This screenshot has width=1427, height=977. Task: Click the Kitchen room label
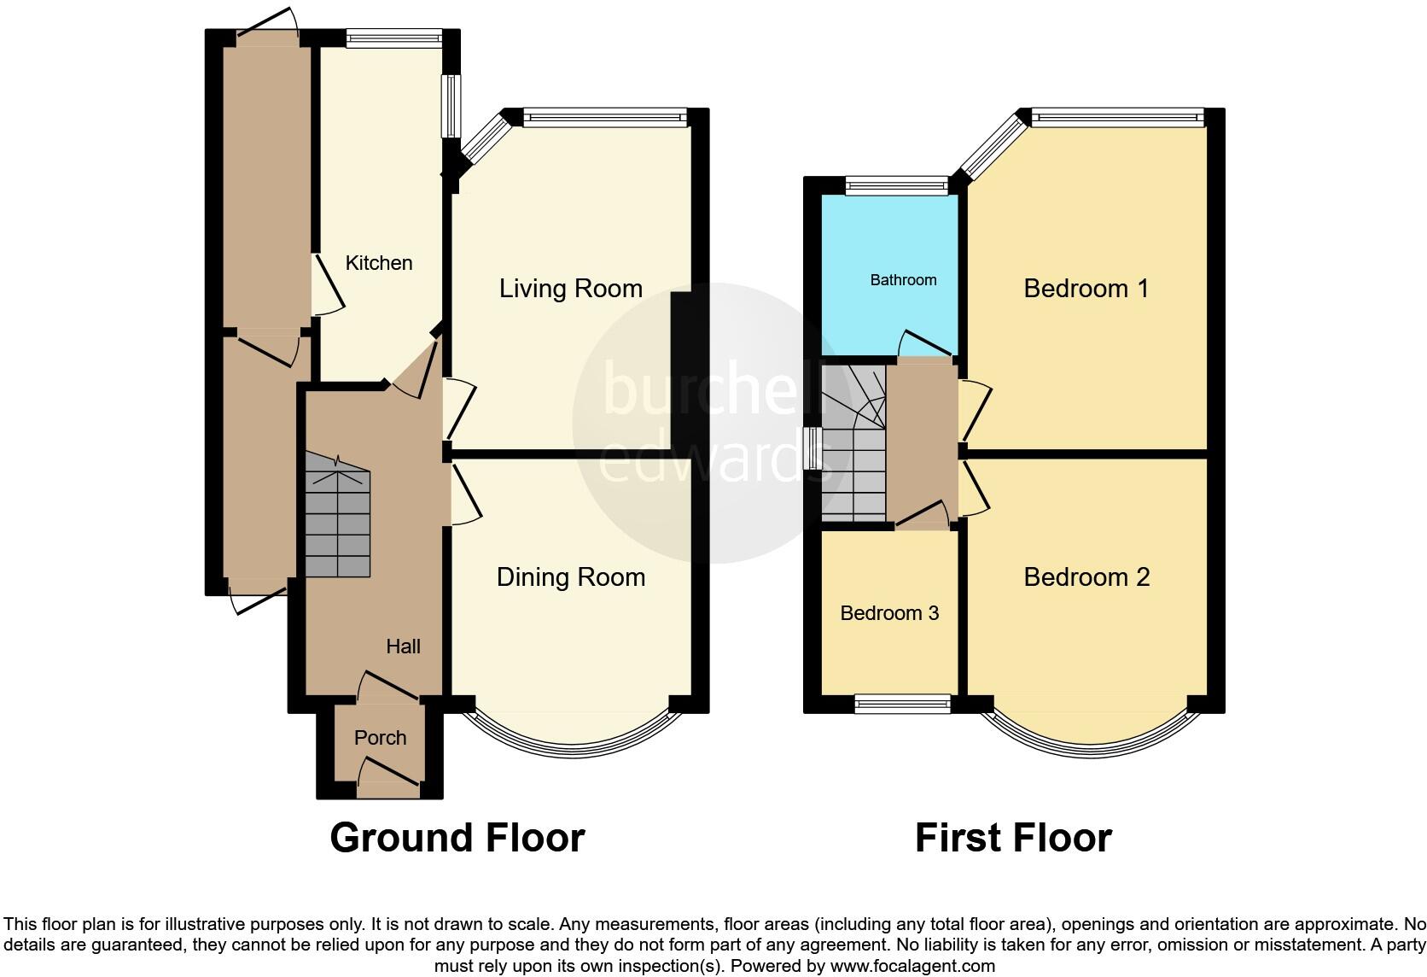click(378, 263)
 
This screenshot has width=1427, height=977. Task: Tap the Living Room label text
click(570, 289)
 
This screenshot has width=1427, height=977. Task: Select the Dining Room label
click(570, 577)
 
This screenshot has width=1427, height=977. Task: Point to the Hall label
click(403, 646)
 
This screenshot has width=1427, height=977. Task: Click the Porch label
click(380, 737)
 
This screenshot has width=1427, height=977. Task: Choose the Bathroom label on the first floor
click(903, 280)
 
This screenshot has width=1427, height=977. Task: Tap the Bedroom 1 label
click(1086, 289)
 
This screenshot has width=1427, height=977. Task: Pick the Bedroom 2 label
click(1086, 577)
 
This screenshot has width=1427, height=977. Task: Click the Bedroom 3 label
click(889, 613)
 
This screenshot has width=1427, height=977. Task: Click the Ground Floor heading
click(457, 838)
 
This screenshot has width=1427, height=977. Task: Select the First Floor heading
click(1013, 838)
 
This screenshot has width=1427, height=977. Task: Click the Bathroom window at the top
click(896, 185)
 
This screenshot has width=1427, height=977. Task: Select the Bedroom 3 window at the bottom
click(902, 704)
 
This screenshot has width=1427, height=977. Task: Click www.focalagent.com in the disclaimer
click(912, 967)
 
